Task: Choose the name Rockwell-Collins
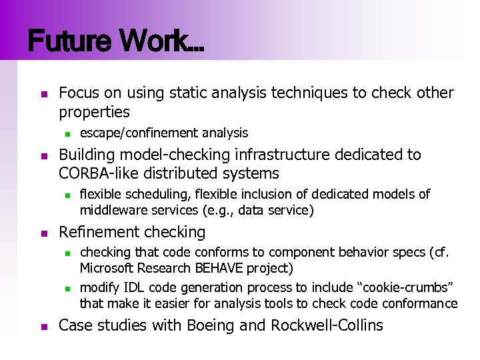(327, 325)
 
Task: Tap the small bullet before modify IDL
(66, 288)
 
